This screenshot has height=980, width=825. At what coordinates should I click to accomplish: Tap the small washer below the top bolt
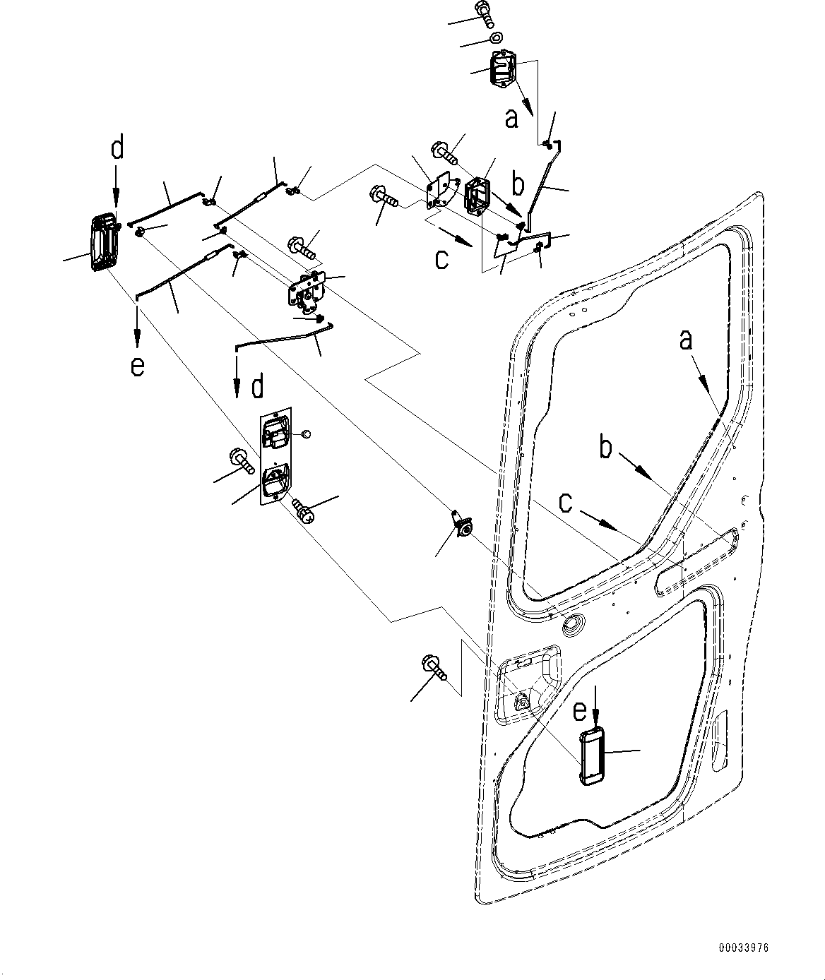495,37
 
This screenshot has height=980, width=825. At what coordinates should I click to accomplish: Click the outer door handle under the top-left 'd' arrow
102,241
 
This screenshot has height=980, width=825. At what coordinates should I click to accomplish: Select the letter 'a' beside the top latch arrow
512,119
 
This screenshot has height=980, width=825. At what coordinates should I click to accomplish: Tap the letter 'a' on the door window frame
686,340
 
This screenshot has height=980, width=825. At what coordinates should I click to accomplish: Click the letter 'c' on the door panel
566,502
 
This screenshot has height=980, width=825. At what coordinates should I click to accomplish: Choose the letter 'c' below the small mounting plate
441,259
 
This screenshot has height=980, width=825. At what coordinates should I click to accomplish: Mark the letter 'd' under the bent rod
257,387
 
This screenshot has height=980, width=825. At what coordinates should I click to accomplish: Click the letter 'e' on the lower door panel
580,710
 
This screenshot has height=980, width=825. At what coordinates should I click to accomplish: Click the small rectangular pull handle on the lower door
591,756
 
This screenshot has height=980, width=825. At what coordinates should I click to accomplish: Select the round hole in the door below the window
572,624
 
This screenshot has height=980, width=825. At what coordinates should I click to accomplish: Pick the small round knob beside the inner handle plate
306,434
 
